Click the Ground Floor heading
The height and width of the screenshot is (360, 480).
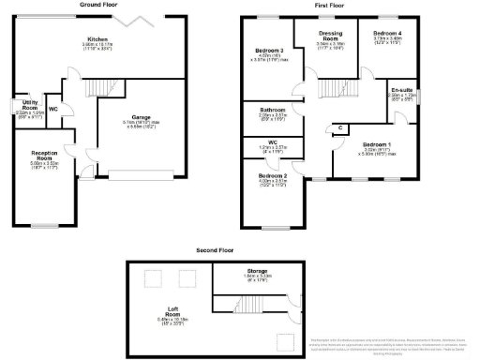[105, 6]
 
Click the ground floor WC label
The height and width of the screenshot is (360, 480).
[52, 109]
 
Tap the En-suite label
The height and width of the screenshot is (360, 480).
[402, 91]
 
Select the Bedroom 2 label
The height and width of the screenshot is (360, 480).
[272, 175]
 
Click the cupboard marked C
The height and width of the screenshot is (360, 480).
[339, 127]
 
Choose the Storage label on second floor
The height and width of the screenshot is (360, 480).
[257, 272]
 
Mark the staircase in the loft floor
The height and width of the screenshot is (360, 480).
[246, 307]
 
